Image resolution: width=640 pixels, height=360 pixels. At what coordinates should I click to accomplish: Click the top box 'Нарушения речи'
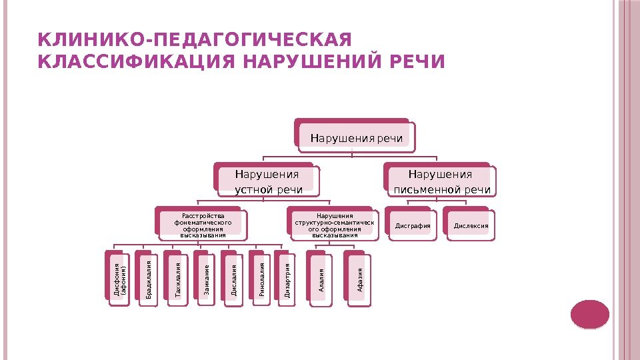[356, 138]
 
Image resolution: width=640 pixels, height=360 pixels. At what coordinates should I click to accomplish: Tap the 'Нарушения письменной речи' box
[440, 182]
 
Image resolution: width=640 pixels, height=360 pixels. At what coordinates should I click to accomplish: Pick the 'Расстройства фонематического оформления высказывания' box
[202, 225]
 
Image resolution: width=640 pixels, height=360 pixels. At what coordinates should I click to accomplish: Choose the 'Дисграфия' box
[413, 226]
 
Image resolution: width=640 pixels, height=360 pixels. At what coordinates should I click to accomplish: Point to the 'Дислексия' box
[471, 226]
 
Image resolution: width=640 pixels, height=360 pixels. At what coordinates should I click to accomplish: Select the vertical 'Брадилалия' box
[148, 280]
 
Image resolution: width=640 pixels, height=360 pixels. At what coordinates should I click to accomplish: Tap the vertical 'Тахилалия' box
[177, 280]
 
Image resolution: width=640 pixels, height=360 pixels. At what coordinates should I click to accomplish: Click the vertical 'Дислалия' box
[233, 280]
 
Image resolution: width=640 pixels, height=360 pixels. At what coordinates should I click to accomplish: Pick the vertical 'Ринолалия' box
[261, 280]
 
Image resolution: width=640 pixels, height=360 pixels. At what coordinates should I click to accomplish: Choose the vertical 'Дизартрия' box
[286, 280]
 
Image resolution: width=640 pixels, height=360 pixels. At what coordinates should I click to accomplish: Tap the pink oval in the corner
[589, 314]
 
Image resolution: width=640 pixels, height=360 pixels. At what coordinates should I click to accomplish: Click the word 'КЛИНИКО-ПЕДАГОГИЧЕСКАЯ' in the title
[195, 38]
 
